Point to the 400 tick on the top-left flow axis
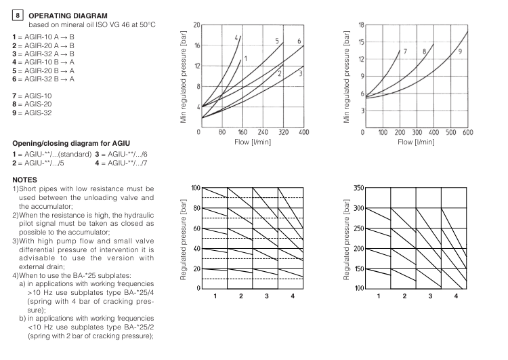pyautogui.click(x=303, y=133)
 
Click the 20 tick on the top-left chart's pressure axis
pyautogui.click(x=196, y=25)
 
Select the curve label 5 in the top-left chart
pyautogui.click(x=277, y=41)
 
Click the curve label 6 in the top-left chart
pyautogui.click(x=299, y=41)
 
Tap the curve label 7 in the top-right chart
pyautogui.click(x=404, y=52)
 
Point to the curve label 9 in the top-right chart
pyautogui.click(x=460, y=52)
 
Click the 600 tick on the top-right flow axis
pyautogui.click(x=467, y=133)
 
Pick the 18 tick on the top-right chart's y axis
pyautogui.click(x=360, y=25)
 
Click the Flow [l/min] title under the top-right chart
pyautogui.click(x=415, y=142)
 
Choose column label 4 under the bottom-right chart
pyautogui.click(x=456, y=296)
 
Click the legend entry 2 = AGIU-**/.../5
pyautogui.click(x=41, y=163)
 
